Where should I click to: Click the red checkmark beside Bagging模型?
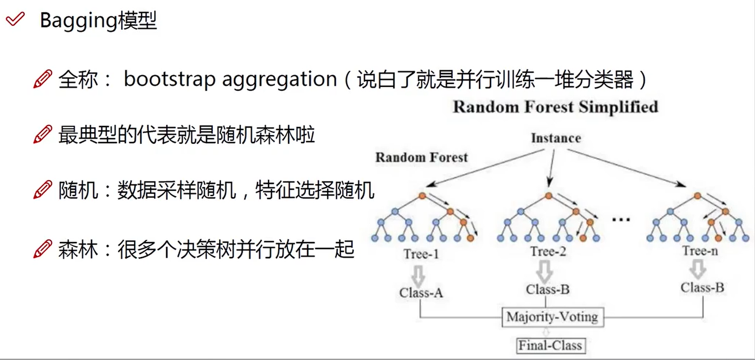[15, 20]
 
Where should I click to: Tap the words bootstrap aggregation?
[230, 79]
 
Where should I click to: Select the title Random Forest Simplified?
[555, 107]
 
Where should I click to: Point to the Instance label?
[555, 138]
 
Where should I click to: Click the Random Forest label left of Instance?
[421, 157]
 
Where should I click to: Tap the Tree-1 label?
[420, 253]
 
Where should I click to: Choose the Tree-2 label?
[548, 252]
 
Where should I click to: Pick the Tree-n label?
[700, 251]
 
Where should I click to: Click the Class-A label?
[421, 292]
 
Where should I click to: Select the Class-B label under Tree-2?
[547, 289]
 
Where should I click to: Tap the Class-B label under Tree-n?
[702, 287]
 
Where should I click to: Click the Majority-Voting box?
[552, 317]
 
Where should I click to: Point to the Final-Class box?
[550, 346]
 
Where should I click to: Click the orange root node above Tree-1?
[422, 196]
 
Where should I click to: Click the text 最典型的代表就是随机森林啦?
[187, 136]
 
